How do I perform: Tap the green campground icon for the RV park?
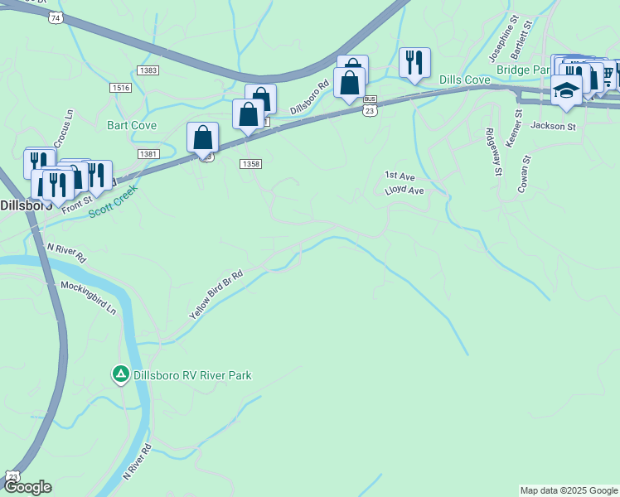[x=120, y=375]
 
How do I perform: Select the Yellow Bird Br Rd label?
[x=216, y=295]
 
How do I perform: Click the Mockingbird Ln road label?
[x=89, y=296]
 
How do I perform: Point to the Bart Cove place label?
[x=132, y=126]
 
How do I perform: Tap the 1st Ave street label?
[x=400, y=176]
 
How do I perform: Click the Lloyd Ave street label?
[x=404, y=191]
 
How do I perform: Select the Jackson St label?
[x=553, y=127]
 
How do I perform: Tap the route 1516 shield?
[x=120, y=87]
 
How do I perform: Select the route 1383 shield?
[x=149, y=70]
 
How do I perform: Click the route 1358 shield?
[x=251, y=164]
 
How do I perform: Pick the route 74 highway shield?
[x=56, y=17]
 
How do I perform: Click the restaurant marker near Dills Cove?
[x=414, y=62]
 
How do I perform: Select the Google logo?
[x=27, y=487]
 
